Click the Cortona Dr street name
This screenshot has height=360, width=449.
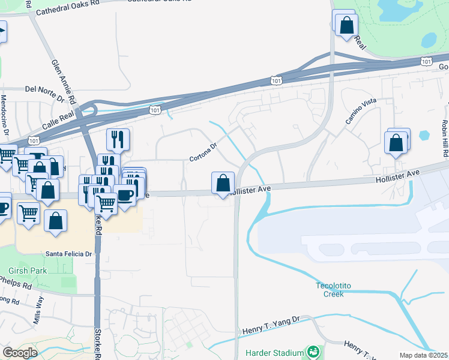[x=202, y=155]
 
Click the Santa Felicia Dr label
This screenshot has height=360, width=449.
[x=68, y=254]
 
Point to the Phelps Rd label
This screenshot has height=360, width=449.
[x=16, y=281]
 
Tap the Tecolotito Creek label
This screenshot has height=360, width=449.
[x=330, y=290]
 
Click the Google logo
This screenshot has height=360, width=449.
[x=20, y=353]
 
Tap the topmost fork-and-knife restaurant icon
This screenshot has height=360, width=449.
[x=118, y=139]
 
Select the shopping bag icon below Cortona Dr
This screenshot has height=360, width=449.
[x=223, y=182]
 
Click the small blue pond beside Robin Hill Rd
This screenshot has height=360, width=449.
[x=425, y=135]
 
